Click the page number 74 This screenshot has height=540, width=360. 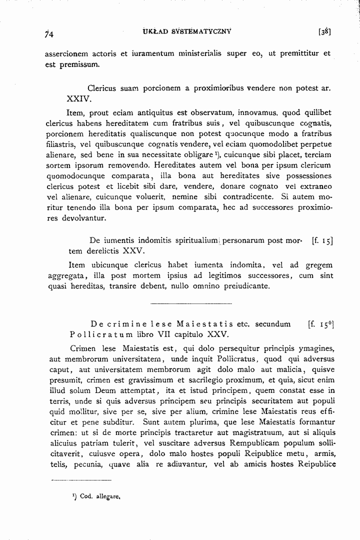click(x=48, y=34)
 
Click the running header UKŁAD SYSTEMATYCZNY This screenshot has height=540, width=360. click(x=182, y=31)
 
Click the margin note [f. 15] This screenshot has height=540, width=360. click(x=322, y=240)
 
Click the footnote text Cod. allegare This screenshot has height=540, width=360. click(x=100, y=497)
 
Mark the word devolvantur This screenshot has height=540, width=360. click(x=81, y=219)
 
